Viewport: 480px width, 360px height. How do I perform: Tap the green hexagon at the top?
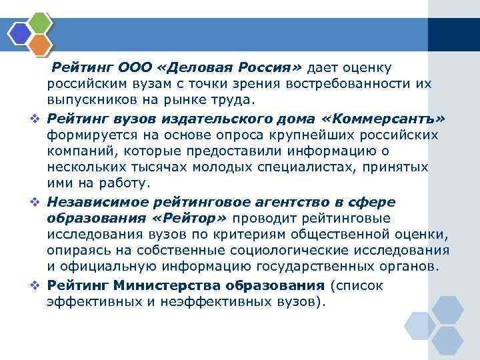[41, 21]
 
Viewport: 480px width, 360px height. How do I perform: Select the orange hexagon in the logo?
[41, 43]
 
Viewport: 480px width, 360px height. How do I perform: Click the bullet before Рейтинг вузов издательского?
[38, 119]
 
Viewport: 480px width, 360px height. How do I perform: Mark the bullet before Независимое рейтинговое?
[38, 203]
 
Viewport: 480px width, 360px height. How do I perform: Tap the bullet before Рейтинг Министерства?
[38, 286]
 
